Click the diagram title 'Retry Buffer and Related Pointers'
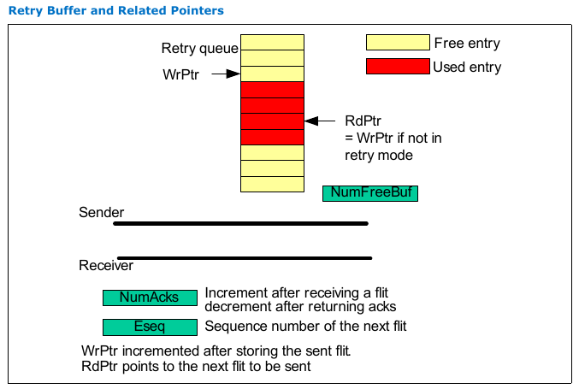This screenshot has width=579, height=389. point(115,11)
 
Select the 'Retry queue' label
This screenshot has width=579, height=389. point(199,48)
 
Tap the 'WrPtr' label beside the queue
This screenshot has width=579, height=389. point(180,74)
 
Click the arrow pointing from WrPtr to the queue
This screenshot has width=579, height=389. point(223,74)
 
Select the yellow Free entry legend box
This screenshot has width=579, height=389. point(398,43)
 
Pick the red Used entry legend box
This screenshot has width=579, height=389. point(398,67)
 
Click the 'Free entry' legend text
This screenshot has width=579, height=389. point(467,43)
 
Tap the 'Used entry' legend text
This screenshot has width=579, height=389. point(467,67)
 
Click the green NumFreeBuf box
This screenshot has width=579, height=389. point(369,193)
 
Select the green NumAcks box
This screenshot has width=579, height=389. point(150,298)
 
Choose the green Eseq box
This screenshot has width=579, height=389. point(150,327)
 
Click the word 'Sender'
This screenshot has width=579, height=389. point(101,212)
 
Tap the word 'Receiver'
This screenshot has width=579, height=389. point(106,266)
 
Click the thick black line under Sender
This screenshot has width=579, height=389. point(240,223)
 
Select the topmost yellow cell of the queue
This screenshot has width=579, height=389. point(272,42)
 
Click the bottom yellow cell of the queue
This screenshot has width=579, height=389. point(272,184)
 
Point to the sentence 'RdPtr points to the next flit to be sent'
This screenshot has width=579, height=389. point(196,367)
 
